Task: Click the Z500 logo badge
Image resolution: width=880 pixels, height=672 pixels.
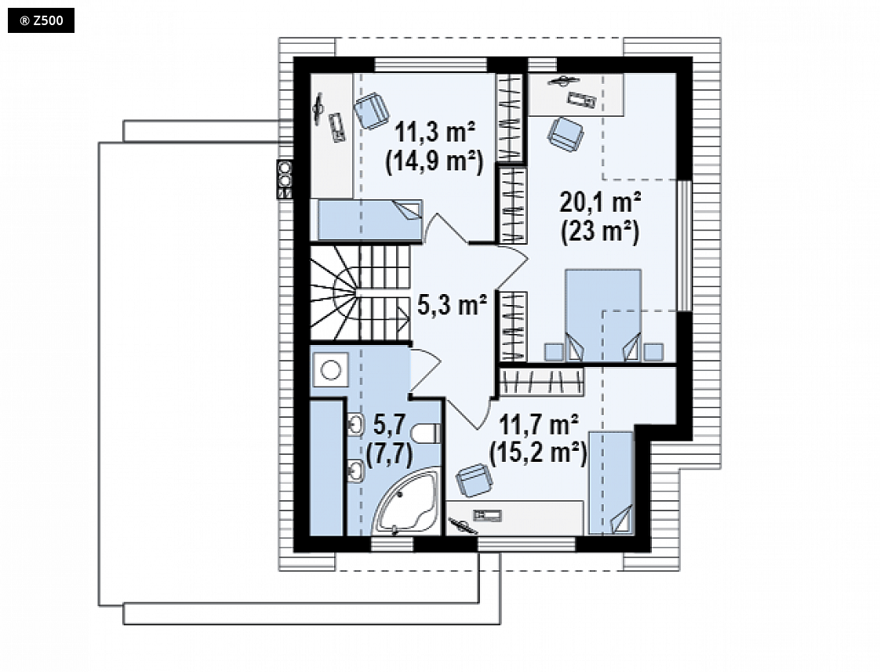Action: [41, 21]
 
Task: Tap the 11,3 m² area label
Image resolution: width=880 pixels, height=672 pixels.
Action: [435, 133]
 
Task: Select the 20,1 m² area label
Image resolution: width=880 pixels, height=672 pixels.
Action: [601, 202]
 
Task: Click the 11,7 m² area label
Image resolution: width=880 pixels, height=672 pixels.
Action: [539, 425]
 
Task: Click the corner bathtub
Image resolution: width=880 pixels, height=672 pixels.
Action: [407, 502]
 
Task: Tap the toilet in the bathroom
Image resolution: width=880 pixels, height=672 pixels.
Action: [426, 434]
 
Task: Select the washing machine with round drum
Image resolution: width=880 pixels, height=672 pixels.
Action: [330, 369]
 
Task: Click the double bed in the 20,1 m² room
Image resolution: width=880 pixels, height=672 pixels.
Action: [603, 315]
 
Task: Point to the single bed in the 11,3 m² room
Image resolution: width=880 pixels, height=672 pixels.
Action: [370, 220]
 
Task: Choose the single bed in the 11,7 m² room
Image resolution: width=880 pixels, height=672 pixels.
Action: [611, 482]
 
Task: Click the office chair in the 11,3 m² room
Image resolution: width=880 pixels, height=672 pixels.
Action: [372, 111]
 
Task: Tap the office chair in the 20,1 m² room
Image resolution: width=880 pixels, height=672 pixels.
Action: [565, 134]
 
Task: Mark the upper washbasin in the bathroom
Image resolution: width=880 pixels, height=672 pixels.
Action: [356, 424]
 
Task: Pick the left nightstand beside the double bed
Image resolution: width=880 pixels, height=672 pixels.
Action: [554, 352]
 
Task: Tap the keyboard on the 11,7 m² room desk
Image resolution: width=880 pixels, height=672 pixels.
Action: [487, 515]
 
